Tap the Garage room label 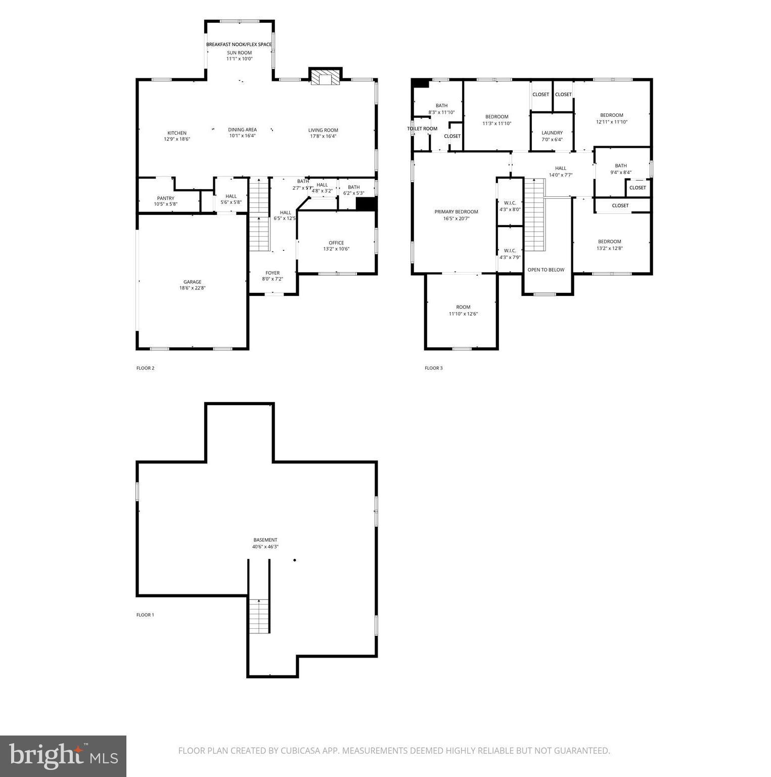pos(192,282)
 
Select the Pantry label pos(165,198)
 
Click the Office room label pos(336,243)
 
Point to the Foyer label pos(273,273)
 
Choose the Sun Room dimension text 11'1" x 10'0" pos(239,59)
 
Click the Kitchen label pos(177,133)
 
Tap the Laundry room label pos(552,133)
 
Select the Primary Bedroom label pos(456,212)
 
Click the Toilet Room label pos(422,128)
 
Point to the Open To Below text pos(546,270)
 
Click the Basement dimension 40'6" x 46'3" pos(265,546)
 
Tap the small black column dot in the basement pos(295,560)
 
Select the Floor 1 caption pos(145,615)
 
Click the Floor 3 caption pos(433,368)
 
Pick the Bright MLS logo pos(63,756)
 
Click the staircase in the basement pos(259,615)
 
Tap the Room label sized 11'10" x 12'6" pos(463,307)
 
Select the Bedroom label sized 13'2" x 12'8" pos(609,242)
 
